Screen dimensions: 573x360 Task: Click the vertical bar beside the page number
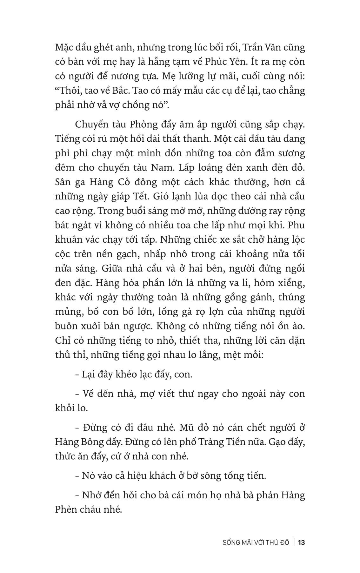coord(294,543)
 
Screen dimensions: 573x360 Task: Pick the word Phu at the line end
coord(295,225)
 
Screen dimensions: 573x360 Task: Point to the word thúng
coord(291,297)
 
